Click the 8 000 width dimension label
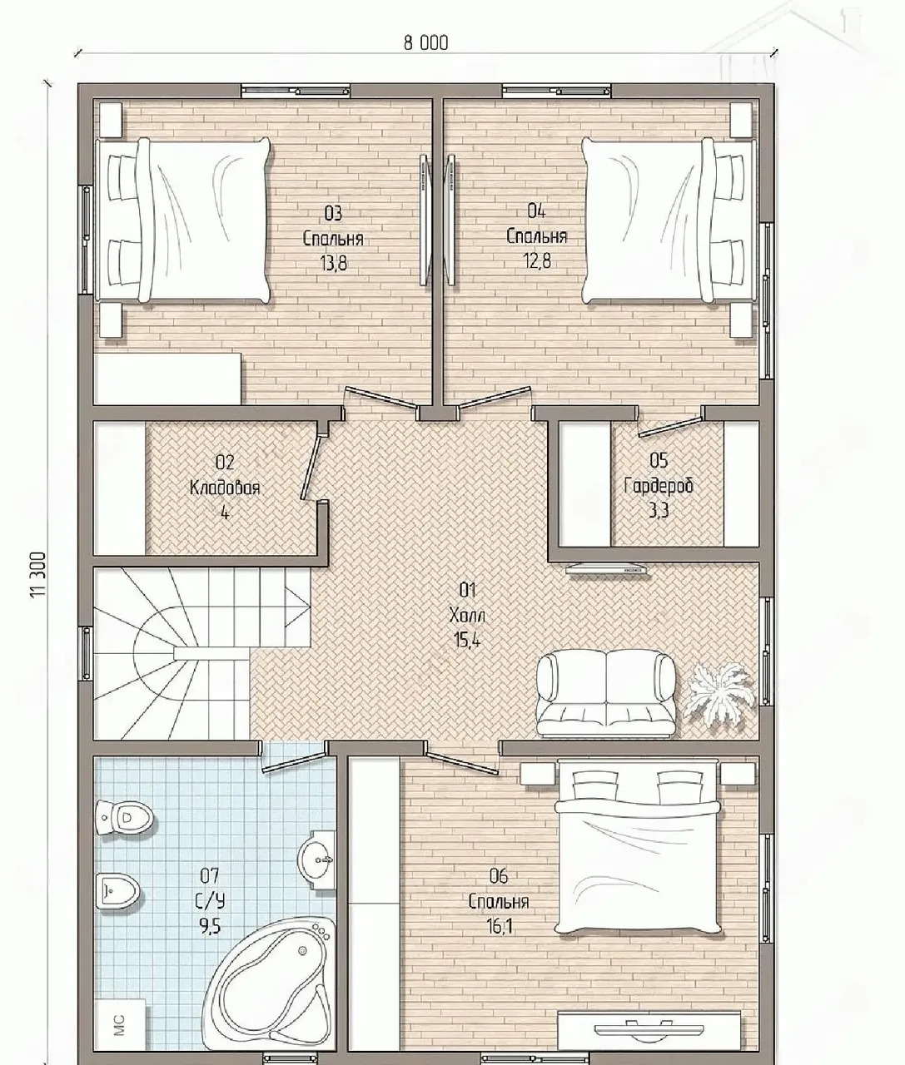(425, 42)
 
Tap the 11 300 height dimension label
(38, 574)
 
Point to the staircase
(202, 653)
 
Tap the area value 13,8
(334, 263)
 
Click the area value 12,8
(537, 261)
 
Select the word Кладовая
(224, 488)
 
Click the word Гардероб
(659, 486)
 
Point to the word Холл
(467, 615)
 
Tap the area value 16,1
(500, 927)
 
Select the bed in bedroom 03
(183, 220)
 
